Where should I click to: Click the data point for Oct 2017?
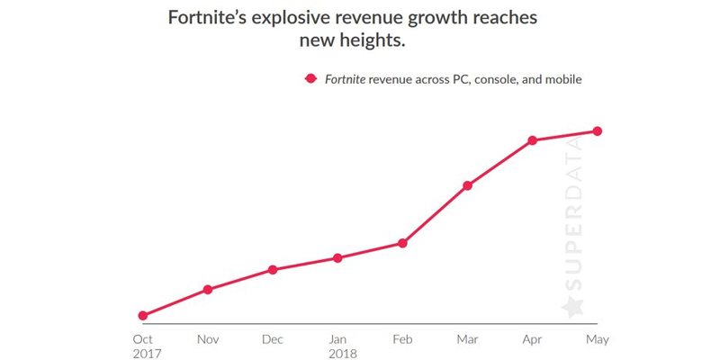tap(143, 315)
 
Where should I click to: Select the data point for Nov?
tap(208, 289)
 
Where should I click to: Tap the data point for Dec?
tap(272, 270)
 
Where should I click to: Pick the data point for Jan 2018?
tap(337, 258)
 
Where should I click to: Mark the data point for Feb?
tap(402, 243)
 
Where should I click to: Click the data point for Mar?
tap(467, 185)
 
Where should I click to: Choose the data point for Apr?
tap(532, 140)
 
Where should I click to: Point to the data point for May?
tap(597, 131)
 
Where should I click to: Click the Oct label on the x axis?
tap(144, 339)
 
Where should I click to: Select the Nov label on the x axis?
tap(208, 339)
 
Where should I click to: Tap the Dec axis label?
tap(273, 339)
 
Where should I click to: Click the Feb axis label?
tap(402, 339)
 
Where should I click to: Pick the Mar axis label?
tap(467, 339)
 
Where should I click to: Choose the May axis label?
tap(596, 339)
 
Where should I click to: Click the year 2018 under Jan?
tap(342, 354)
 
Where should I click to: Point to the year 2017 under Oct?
tap(147, 354)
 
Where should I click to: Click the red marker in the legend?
tap(310, 79)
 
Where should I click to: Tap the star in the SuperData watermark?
tap(572, 306)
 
